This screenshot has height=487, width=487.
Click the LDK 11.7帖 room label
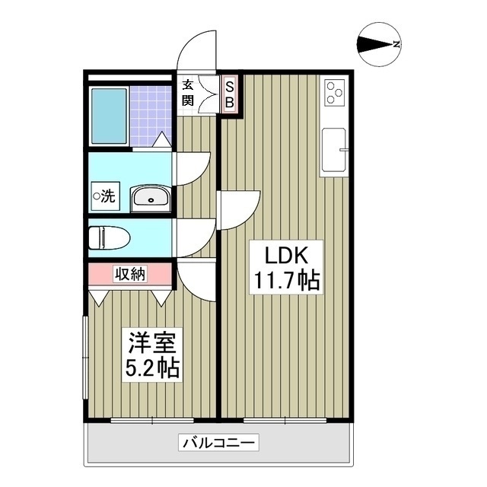coord(286,267)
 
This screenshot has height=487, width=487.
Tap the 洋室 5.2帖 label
coord(152,355)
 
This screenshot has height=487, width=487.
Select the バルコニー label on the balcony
coord(218,442)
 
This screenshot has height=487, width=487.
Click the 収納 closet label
coord(130,274)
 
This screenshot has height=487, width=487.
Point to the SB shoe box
coord(230,94)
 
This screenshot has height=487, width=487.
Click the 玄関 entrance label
coord(188,93)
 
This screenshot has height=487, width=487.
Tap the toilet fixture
coord(109,237)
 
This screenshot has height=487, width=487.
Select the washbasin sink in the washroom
coord(151,199)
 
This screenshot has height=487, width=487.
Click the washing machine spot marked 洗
coord(105,196)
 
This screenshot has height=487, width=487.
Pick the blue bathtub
coord(109,116)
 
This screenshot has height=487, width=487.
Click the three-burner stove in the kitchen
coord(335,92)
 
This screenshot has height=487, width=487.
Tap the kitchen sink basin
coord(334,150)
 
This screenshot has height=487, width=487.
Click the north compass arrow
coord(375,44)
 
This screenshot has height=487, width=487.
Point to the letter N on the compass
coord(396,44)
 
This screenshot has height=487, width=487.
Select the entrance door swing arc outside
coord(196,49)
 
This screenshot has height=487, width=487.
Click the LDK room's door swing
coord(238,211)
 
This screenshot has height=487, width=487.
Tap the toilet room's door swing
coord(196,238)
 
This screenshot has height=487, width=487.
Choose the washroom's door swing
coord(193,169)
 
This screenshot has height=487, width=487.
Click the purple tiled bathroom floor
coord(151,116)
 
